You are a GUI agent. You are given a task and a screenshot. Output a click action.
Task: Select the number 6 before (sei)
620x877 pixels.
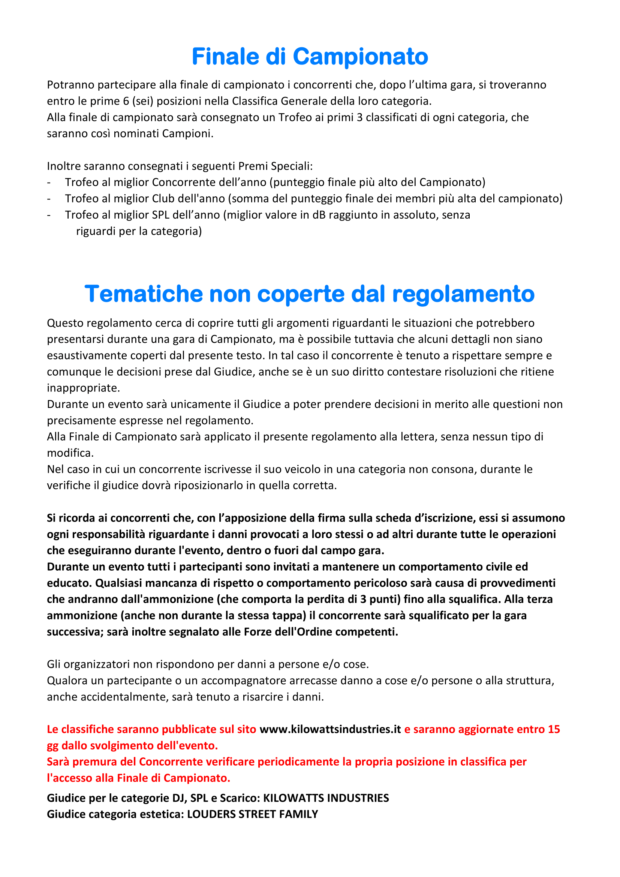tap(126, 101)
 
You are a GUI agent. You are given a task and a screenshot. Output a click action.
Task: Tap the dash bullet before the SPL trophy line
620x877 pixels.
tap(49, 215)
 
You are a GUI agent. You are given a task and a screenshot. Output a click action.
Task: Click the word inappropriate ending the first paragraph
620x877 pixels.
tap(83, 388)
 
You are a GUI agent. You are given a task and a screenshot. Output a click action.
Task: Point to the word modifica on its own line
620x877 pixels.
tap(70, 453)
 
